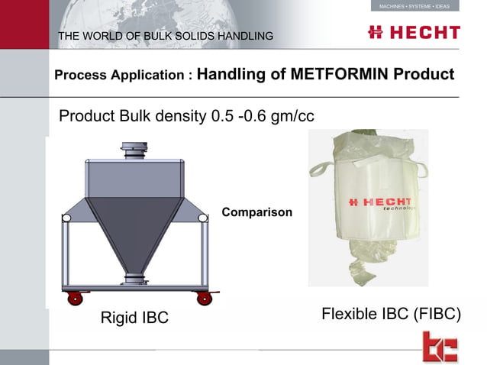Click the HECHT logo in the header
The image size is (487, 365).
point(414,32)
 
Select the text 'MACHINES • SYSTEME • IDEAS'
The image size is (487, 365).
point(414,6)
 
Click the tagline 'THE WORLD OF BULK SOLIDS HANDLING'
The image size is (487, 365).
point(166,36)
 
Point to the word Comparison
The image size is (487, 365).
point(256,212)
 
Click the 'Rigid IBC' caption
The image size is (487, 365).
point(134,318)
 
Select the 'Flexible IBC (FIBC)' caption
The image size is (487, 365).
point(392,314)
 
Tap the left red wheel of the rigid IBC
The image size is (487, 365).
point(76,298)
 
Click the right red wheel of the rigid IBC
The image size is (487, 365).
point(204,298)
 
